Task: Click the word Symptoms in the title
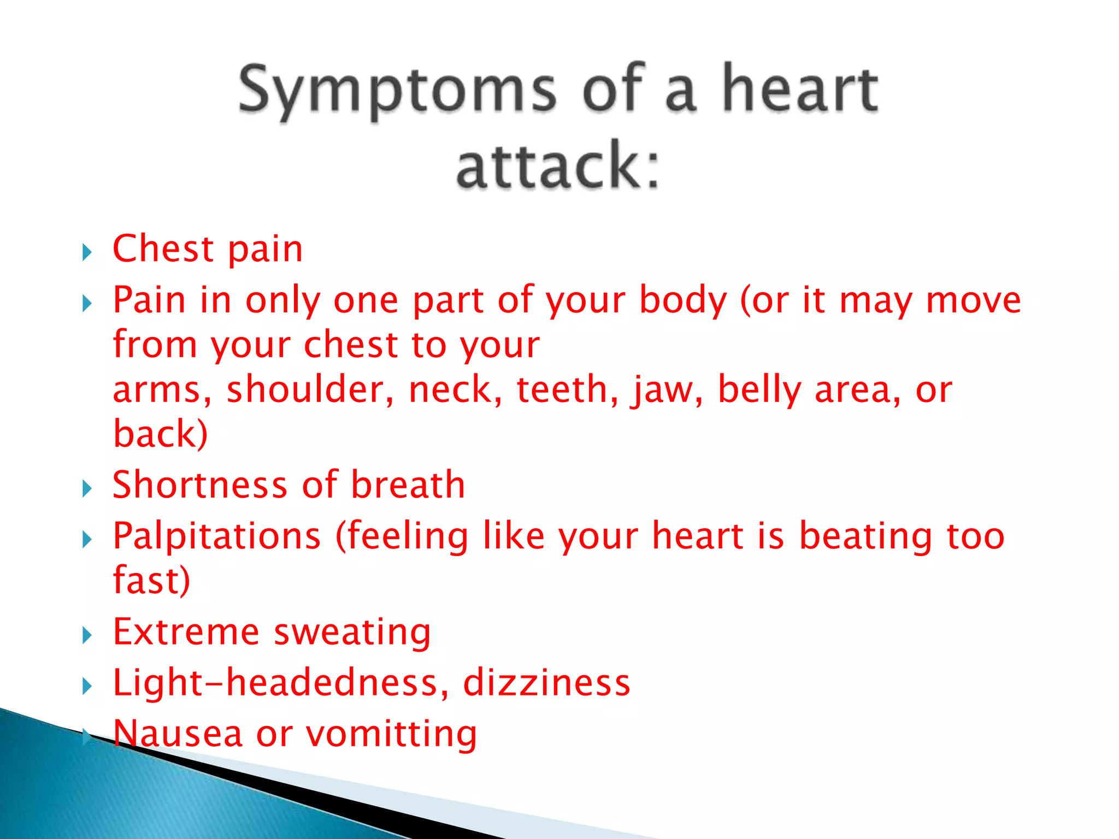pyautogui.click(x=397, y=90)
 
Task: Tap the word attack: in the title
pyautogui.click(x=558, y=165)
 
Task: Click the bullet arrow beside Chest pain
pyautogui.click(x=87, y=252)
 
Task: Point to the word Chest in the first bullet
pyautogui.click(x=162, y=249)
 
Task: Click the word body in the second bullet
pyautogui.click(x=683, y=300)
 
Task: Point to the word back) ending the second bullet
pyautogui.click(x=160, y=434)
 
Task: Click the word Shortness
pyautogui.click(x=199, y=485)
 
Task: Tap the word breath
pyautogui.click(x=408, y=485)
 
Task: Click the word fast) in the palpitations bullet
pyautogui.click(x=151, y=580)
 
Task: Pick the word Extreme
pyautogui.click(x=186, y=631)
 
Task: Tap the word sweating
pyautogui.click(x=352, y=633)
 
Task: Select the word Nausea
pyautogui.click(x=178, y=733)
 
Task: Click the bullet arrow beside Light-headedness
pyautogui.click(x=87, y=686)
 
